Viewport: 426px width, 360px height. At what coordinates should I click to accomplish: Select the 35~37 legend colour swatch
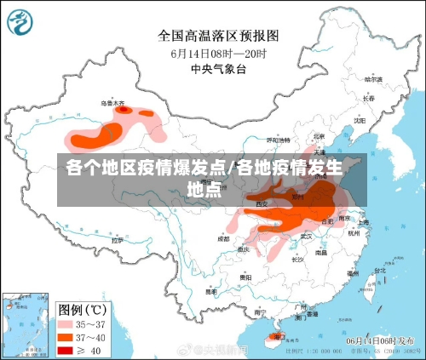67,323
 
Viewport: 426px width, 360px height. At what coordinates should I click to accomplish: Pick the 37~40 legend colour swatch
67,337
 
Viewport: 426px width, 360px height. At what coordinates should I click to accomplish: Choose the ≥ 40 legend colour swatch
67,350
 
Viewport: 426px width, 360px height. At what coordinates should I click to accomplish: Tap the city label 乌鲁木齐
112,102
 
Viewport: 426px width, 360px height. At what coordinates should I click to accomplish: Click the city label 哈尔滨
373,78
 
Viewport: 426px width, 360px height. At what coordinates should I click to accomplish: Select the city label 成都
223,238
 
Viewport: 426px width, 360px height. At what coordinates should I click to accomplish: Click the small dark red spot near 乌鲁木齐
122,109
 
